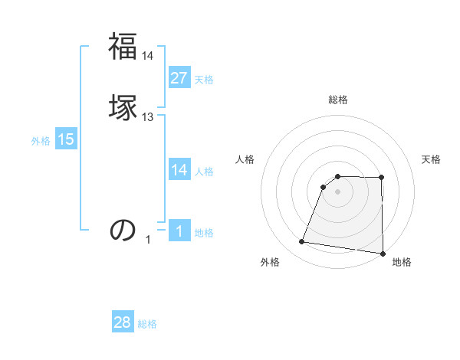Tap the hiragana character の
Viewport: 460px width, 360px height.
[x=123, y=229]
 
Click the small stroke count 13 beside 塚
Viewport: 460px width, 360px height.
[x=148, y=117]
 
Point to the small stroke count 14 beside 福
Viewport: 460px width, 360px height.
[x=148, y=56]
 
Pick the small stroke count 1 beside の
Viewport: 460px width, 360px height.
[x=148, y=240]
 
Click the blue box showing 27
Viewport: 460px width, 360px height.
[x=179, y=78]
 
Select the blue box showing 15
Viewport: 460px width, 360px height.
[x=66, y=139]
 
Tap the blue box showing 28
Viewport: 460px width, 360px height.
[x=123, y=322]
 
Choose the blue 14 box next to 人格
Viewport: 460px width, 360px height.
[x=179, y=170]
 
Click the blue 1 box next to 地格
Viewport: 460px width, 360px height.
[x=179, y=231]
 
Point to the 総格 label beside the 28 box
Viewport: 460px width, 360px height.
[x=147, y=324]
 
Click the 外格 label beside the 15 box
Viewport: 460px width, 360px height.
[x=41, y=141]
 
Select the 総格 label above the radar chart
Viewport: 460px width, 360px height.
[x=338, y=100]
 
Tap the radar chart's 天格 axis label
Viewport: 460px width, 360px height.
[x=432, y=159]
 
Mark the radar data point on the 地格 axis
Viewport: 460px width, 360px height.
[x=383, y=254]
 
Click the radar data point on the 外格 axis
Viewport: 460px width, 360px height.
[x=302, y=242]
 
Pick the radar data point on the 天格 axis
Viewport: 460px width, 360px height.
[x=382, y=178]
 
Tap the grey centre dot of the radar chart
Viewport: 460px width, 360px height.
[x=338, y=192]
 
